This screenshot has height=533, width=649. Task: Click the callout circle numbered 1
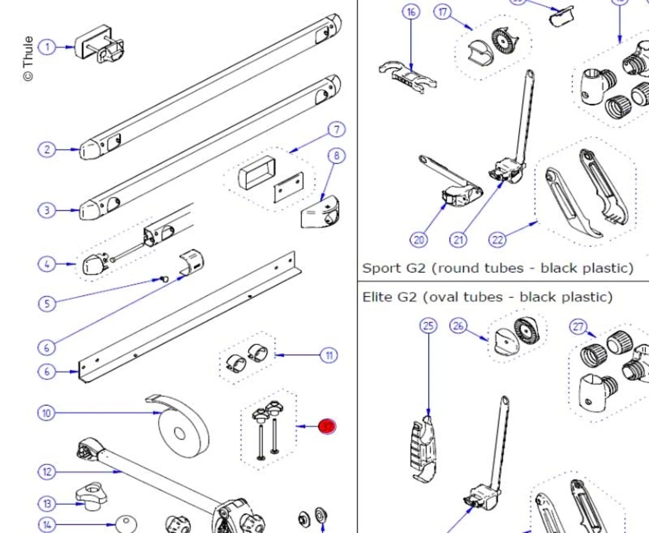click(x=47, y=47)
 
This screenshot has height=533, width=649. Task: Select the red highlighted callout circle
click(x=327, y=427)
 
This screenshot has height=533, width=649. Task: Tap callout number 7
click(x=336, y=129)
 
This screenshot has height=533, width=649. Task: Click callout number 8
click(x=336, y=156)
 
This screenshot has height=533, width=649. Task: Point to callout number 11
click(x=329, y=356)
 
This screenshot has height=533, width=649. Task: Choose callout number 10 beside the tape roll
click(x=46, y=413)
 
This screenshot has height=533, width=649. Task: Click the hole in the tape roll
click(x=179, y=433)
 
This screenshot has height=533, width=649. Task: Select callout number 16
click(x=411, y=12)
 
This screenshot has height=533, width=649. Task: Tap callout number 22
click(x=497, y=240)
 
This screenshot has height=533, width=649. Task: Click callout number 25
click(x=428, y=326)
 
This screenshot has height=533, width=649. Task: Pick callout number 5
click(x=47, y=304)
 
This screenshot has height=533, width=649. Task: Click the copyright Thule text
click(x=28, y=58)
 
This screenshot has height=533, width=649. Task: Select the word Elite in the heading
click(x=377, y=297)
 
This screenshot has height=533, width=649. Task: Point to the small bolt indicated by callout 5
click(x=165, y=279)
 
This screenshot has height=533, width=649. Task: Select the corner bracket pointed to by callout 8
click(x=320, y=213)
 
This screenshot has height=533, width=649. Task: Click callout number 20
click(x=418, y=240)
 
